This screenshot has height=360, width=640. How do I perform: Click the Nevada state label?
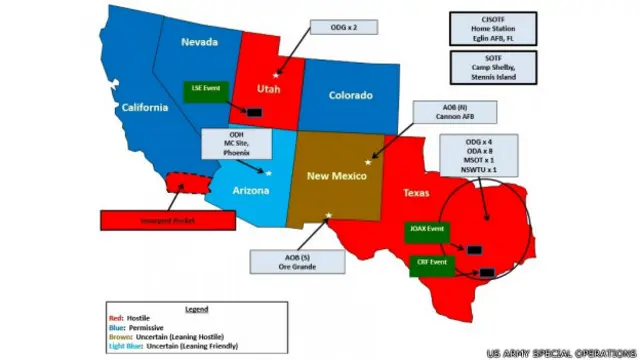(199, 42)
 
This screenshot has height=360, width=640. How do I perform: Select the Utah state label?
(270, 87)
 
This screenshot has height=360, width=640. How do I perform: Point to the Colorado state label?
(350, 96)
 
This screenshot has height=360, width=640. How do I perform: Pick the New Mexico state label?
(332, 175)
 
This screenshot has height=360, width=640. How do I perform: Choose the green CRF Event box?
(430, 262)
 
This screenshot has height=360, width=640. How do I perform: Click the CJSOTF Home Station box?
(491, 28)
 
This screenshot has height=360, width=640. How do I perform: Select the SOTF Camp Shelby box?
(491, 66)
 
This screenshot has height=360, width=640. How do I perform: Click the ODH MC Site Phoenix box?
(235, 142)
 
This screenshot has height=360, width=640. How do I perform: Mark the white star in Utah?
(277, 74)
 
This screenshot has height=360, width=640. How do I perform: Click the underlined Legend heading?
(196, 309)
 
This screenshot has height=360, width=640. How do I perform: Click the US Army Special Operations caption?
(561, 352)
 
